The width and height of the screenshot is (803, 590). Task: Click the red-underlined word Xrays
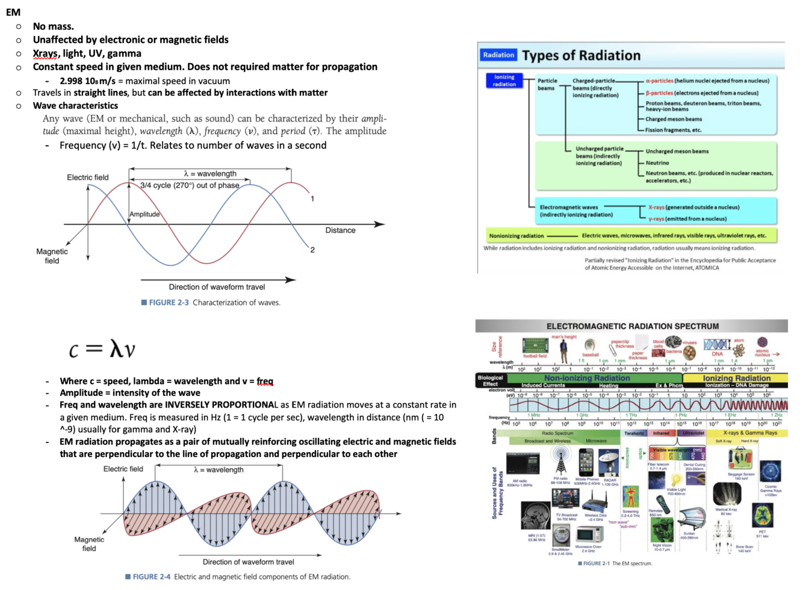[45, 54]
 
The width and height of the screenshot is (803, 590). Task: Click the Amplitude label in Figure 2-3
[144, 214]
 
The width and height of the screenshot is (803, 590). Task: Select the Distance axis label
[340, 230]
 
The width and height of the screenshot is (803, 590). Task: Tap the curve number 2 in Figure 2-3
[312, 250]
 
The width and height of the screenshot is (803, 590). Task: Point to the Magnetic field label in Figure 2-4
[89, 544]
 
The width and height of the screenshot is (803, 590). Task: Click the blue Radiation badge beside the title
[498, 55]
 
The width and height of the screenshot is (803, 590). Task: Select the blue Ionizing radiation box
[504, 81]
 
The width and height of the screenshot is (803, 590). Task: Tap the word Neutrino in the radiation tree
[657, 163]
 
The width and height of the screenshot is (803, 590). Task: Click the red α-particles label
[659, 81]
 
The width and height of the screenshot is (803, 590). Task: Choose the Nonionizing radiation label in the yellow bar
[516, 236]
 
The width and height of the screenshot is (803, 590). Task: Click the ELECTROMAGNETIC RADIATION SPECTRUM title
[632, 326]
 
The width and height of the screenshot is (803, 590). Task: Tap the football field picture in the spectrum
[535, 346]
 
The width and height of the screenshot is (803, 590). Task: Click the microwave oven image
[588, 535]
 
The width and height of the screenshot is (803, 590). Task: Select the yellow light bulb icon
[676, 480]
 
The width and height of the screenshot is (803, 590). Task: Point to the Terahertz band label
[634, 433]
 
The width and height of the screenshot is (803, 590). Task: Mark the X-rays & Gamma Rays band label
[749, 433]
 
